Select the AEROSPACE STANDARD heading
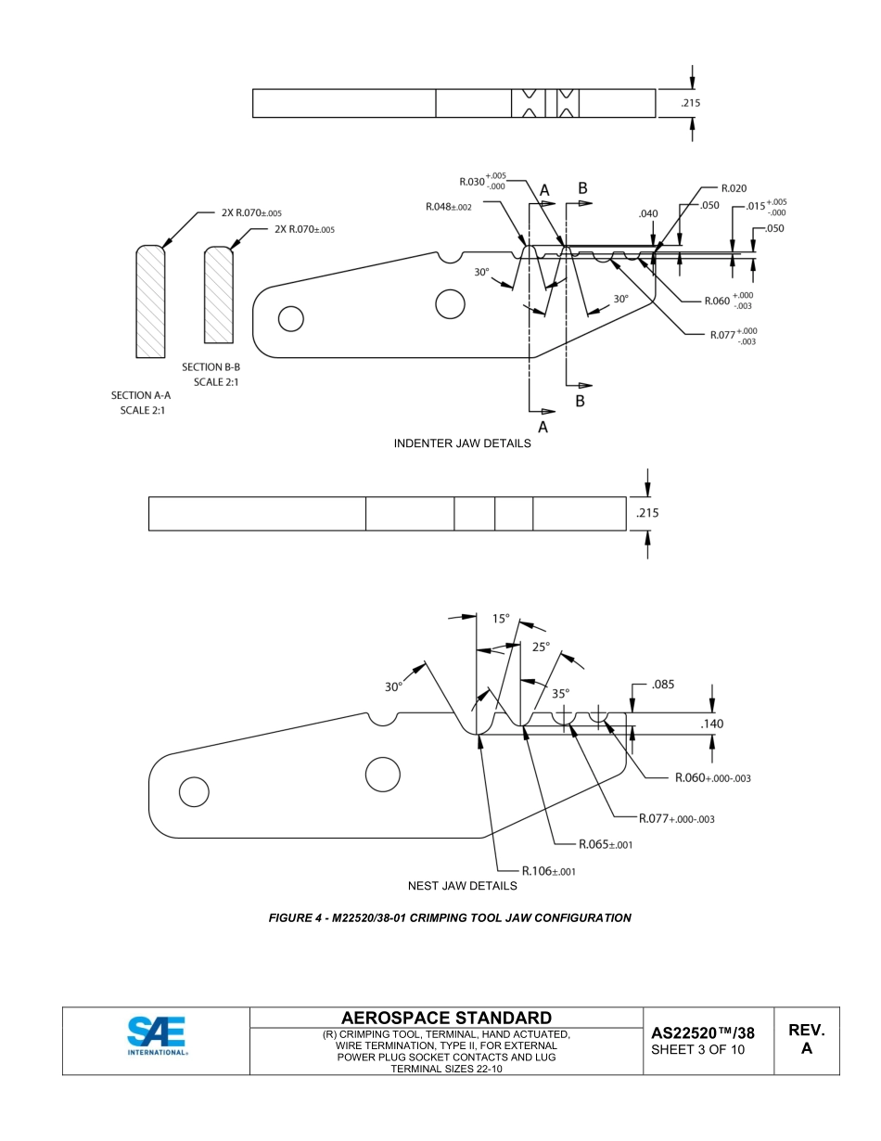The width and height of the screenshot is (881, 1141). [x=446, y=1018]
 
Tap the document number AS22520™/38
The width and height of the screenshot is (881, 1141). [x=702, y=1032]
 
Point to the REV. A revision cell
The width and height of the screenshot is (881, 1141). [x=806, y=1039]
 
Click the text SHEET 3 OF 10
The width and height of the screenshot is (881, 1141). [x=696, y=1050]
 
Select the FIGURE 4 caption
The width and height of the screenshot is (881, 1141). [x=450, y=917]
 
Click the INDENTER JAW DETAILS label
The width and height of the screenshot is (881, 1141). [x=462, y=443]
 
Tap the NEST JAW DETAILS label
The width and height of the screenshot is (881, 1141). [x=462, y=885]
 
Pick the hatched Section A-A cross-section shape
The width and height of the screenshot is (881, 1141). [x=150, y=301]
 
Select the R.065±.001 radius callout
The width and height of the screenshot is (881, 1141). [x=606, y=844]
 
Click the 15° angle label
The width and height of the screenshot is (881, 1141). [x=500, y=619]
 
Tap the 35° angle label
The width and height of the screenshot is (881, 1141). [x=561, y=692]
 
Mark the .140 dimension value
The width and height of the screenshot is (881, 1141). [x=713, y=724]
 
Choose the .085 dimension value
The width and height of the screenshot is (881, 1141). [x=663, y=685]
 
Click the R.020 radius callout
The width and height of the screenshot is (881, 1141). [x=733, y=188]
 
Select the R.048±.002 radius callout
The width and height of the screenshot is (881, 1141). [x=449, y=207]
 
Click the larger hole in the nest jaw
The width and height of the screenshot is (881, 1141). [x=382, y=774]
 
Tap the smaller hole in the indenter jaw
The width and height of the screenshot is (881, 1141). [x=290, y=319]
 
